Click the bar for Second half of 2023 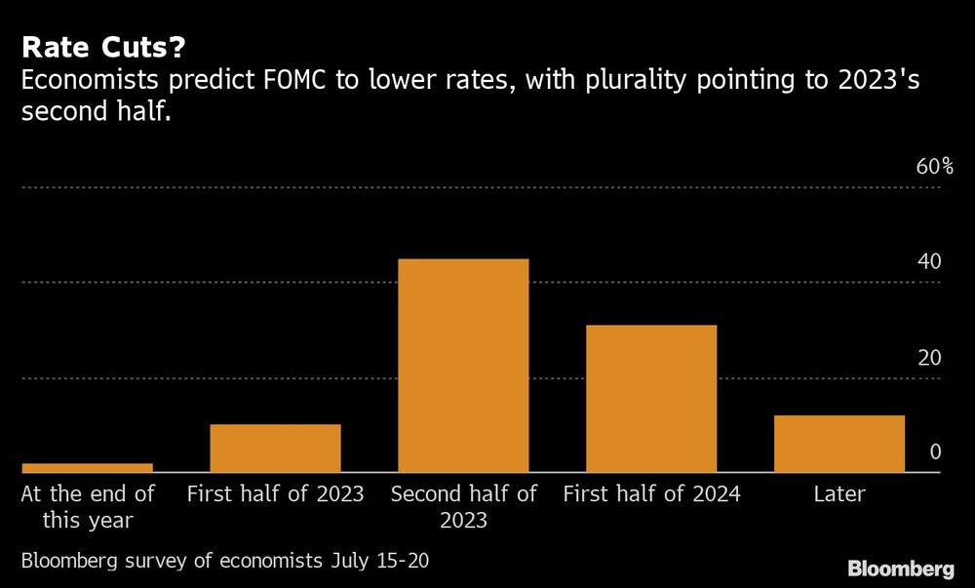click(x=463, y=366)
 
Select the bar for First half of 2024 click(x=651, y=399)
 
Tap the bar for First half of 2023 click(x=275, y=449)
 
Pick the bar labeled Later click(x=839, y=444)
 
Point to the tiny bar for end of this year click(x=87, y=468)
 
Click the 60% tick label click(x=934, y=167)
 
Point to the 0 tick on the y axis click(x=934, y=451)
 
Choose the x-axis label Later click(x=839, y=494)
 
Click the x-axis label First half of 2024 click(x=651, y=494)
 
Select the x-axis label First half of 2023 click(x=275, y=494)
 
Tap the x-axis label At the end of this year click(x=88, y=507)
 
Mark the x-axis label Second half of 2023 click(x=463, y=507)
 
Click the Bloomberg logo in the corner click(x=900, y=568)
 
